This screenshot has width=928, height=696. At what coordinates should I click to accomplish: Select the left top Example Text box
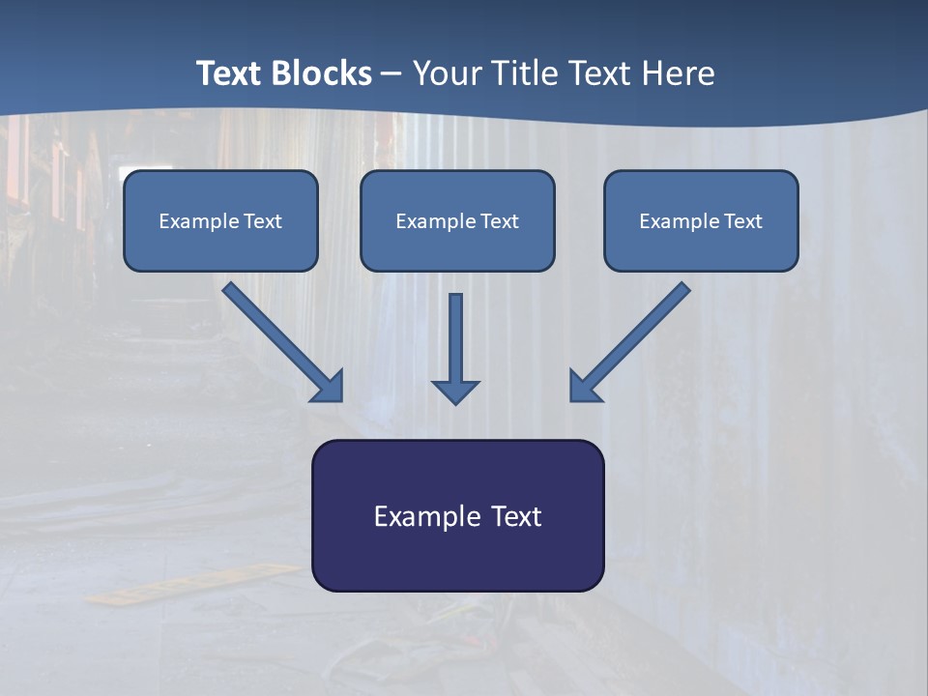pyautogui.click(x=220, y=220)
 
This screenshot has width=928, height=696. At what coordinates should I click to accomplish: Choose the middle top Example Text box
pyautogui.click(x=457, y=220)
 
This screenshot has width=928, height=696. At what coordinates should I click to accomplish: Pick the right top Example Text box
pyautogui.click(x=701, y=220)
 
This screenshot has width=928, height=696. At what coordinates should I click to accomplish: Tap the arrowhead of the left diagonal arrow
pyautogui.click(x=329, y=386)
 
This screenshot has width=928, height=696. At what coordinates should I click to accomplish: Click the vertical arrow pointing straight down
pyautogui.click(x=455, y=348)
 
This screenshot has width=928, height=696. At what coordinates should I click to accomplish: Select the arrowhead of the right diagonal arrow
pyautogui.click(x=585, y=386)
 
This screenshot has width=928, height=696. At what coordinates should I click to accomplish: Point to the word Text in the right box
pyautogui.click(x=742, y=221)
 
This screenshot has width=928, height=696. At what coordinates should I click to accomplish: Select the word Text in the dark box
pyautogui.click(x=516, y=517)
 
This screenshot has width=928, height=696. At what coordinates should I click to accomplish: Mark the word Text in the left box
pyautogui.click(x=263, y=221)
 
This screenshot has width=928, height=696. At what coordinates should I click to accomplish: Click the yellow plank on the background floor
pyautogui.click(x=193, y=583)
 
